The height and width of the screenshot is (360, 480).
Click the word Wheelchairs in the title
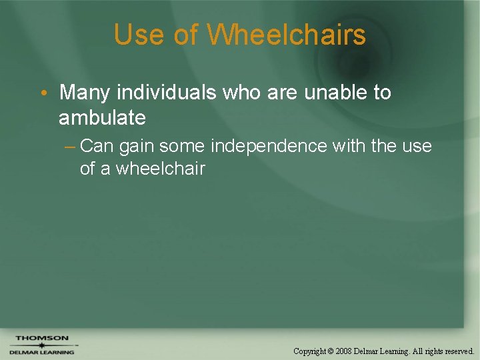[x=286, y=35]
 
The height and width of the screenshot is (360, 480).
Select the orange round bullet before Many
[x=43, y=93]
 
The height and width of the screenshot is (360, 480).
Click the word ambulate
[x=102, y=118]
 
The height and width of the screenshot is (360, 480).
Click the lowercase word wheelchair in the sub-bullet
[x=160, y=169]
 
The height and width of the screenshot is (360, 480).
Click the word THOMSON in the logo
[x=41, y=338]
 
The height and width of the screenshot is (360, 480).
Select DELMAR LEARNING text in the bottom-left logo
[x=41, y=352]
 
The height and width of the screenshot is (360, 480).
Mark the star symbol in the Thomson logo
[x=41, y=345]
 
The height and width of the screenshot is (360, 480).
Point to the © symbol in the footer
[x=331, y=351]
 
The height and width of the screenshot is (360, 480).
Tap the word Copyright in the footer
[x=310, y=351]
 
